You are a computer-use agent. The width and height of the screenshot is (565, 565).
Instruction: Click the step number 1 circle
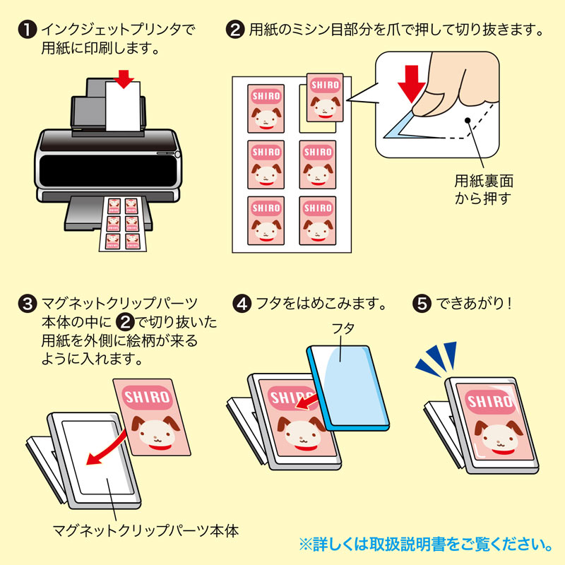point(27,30)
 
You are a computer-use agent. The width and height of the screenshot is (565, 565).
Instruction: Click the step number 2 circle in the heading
point(234,30)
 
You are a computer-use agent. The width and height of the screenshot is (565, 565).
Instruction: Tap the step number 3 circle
point(27,305)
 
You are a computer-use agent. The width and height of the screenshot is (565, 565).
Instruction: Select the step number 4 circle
point(242,305)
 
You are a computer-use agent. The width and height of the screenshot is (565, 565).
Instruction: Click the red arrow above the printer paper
point(124,78)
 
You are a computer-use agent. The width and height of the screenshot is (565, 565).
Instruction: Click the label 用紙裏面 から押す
point(484,188)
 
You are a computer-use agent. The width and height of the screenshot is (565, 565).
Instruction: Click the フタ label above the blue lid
point(343,328)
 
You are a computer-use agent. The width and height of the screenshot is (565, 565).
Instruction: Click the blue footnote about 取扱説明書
point(426,545)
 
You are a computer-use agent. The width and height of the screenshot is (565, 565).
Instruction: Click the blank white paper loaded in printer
point(122,109)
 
